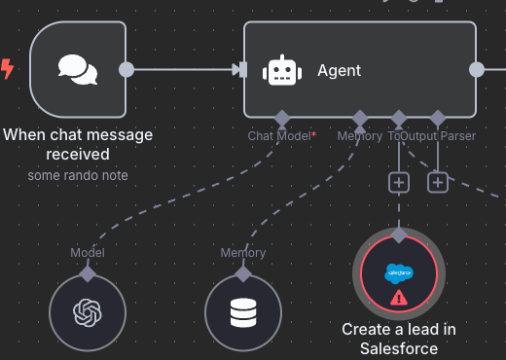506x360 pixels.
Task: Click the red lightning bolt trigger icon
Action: click(x=9, y=69)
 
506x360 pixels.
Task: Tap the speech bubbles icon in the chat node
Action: click(x=77, y=69)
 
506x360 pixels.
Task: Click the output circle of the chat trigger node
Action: click(x=126, y=69)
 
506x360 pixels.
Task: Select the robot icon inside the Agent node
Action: click(x=281, y=70)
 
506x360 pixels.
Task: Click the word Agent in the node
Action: click(x=339, y=70)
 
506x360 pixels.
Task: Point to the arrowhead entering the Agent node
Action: click(x=237, y=69)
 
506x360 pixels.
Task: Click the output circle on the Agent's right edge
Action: click(x=477, y=69)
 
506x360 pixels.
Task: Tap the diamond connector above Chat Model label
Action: click(x=282, y=118)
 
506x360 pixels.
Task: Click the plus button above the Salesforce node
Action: click(x=399, y=182)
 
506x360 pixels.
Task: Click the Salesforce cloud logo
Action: click(x=399, y=273)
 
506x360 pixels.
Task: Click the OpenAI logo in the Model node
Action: click(x=88, y=313)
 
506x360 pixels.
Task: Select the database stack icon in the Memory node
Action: click(x=243, y=313)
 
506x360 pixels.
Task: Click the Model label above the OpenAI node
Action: click(x=88, y=253)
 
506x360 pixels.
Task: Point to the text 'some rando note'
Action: click(x=78, y=176)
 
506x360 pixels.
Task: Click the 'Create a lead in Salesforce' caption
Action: click(x=399, y=339)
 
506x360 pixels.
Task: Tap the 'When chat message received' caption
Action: click(x=78, y=144)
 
